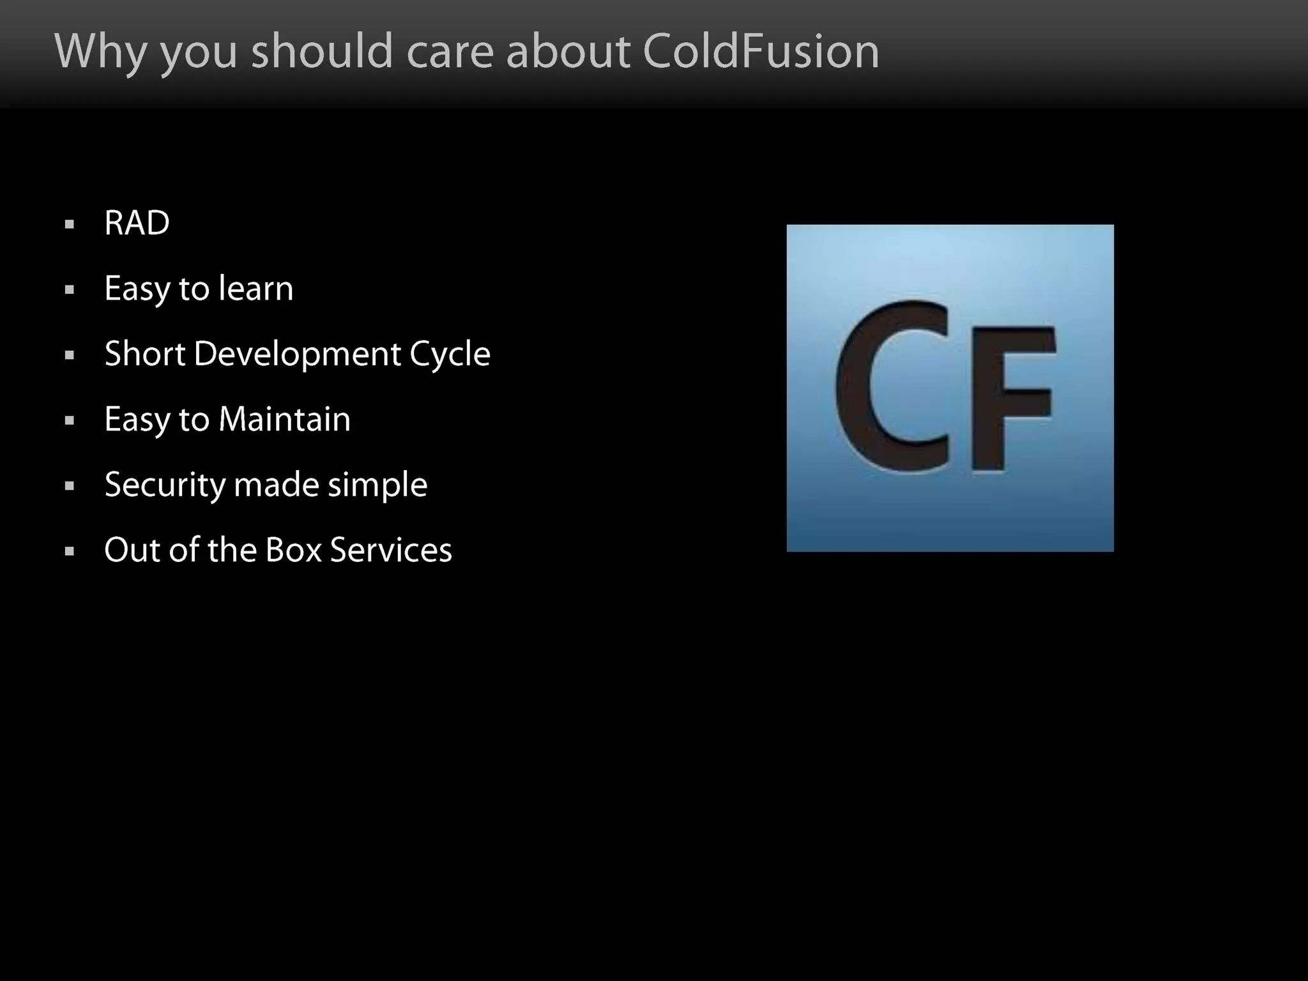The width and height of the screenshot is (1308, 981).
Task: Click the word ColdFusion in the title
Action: pos(761,50)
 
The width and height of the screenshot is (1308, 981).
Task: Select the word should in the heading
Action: pos(322,50)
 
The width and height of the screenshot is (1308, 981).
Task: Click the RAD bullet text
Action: pos(137,223)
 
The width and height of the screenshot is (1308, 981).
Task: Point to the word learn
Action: pos(255,288)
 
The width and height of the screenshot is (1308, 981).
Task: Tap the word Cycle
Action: pos(450,355)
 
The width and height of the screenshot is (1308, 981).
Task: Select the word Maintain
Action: pos(284,420)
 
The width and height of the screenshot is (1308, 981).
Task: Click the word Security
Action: pos(165,485)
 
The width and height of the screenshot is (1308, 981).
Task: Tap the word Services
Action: pos(391,550)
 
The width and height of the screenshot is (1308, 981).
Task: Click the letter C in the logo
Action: pos(892,388)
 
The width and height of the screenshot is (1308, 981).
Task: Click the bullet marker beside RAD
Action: pos(70,224)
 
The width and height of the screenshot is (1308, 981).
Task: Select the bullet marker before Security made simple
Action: pos(70,486)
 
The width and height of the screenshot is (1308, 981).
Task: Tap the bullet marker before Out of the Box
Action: pos(70,551)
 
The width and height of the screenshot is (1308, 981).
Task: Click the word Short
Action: pos(145,354)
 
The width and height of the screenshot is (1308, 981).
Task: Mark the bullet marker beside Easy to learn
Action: pos(70,290)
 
